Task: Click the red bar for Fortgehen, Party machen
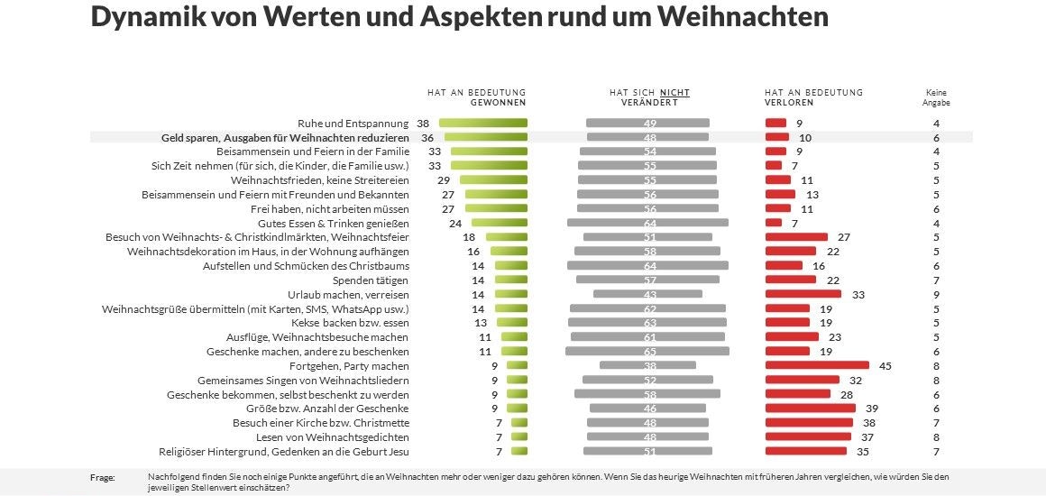click(x=817, y=365)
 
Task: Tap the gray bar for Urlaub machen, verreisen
click(x=647, y=294)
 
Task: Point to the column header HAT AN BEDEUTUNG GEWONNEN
click(x=476, y=97)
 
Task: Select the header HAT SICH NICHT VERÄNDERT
click(x=649, y=97)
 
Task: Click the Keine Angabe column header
click(x=936, y=97)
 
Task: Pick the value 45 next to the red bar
click(x=885, y=365)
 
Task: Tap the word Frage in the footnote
click(x=103, y=477)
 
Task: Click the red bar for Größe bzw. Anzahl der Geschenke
click(x=810, y=409)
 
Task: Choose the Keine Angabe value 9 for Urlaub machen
click(x=937, y=294)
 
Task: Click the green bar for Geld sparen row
click(x=485, y=137)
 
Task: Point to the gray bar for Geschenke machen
click(x=647, y=351)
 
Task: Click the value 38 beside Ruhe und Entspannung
click(x=423, y=123)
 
